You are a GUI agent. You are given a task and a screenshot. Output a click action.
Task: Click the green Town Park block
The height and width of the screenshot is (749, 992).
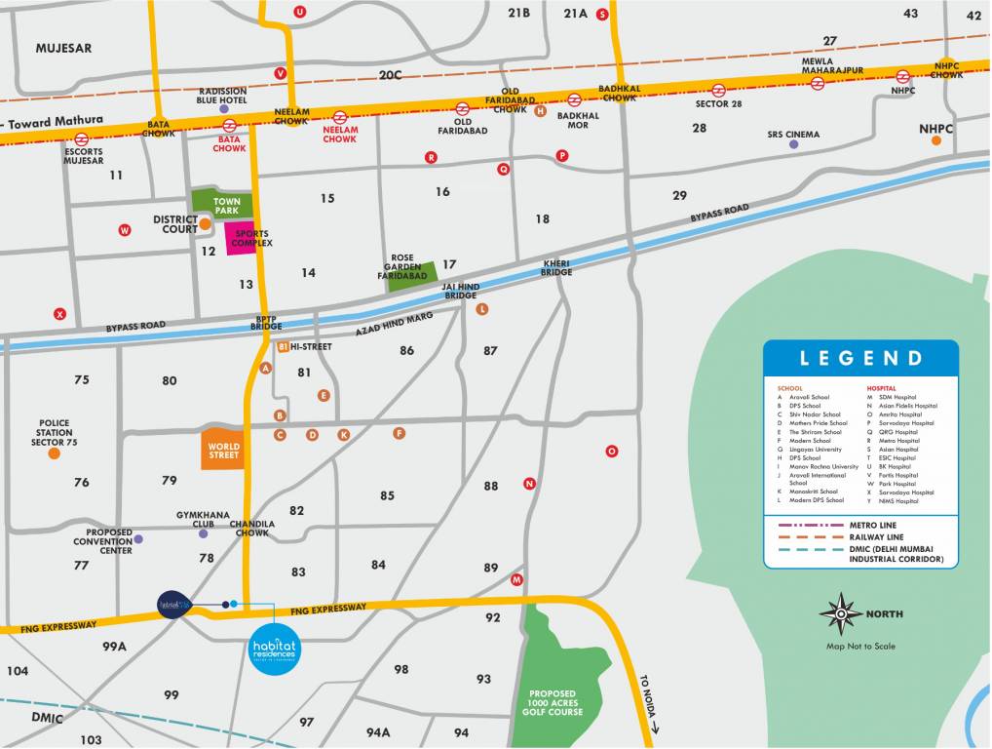point(222,203)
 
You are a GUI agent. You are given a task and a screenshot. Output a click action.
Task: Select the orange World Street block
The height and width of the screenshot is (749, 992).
point(223,449)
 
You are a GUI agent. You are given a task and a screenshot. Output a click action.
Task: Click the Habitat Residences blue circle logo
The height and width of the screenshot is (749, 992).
point(273,649)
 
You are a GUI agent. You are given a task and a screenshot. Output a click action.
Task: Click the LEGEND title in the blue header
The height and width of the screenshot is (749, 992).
point(860,358)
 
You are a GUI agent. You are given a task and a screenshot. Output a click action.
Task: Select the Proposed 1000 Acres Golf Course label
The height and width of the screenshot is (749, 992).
point(555,702)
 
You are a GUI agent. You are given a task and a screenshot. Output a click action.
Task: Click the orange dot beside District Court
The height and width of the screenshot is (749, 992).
point(206,224)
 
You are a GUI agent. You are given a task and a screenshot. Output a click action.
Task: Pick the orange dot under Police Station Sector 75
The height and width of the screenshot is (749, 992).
point(54,453)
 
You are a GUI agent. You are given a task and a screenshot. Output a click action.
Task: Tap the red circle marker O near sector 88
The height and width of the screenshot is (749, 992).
point(612,451)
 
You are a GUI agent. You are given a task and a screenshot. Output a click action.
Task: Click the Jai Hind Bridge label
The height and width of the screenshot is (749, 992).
point(461,291)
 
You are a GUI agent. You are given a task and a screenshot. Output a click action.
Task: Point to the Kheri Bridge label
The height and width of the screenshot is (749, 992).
point(556,268)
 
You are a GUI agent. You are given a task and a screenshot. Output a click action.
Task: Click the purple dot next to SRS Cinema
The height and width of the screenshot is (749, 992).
point(793,144)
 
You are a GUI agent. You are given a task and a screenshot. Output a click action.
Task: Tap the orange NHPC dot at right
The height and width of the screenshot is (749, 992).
point(936,140)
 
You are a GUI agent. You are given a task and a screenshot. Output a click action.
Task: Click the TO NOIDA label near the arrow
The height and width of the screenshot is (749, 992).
point(646,697)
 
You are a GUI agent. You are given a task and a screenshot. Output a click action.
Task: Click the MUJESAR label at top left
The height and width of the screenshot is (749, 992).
point(63,47)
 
